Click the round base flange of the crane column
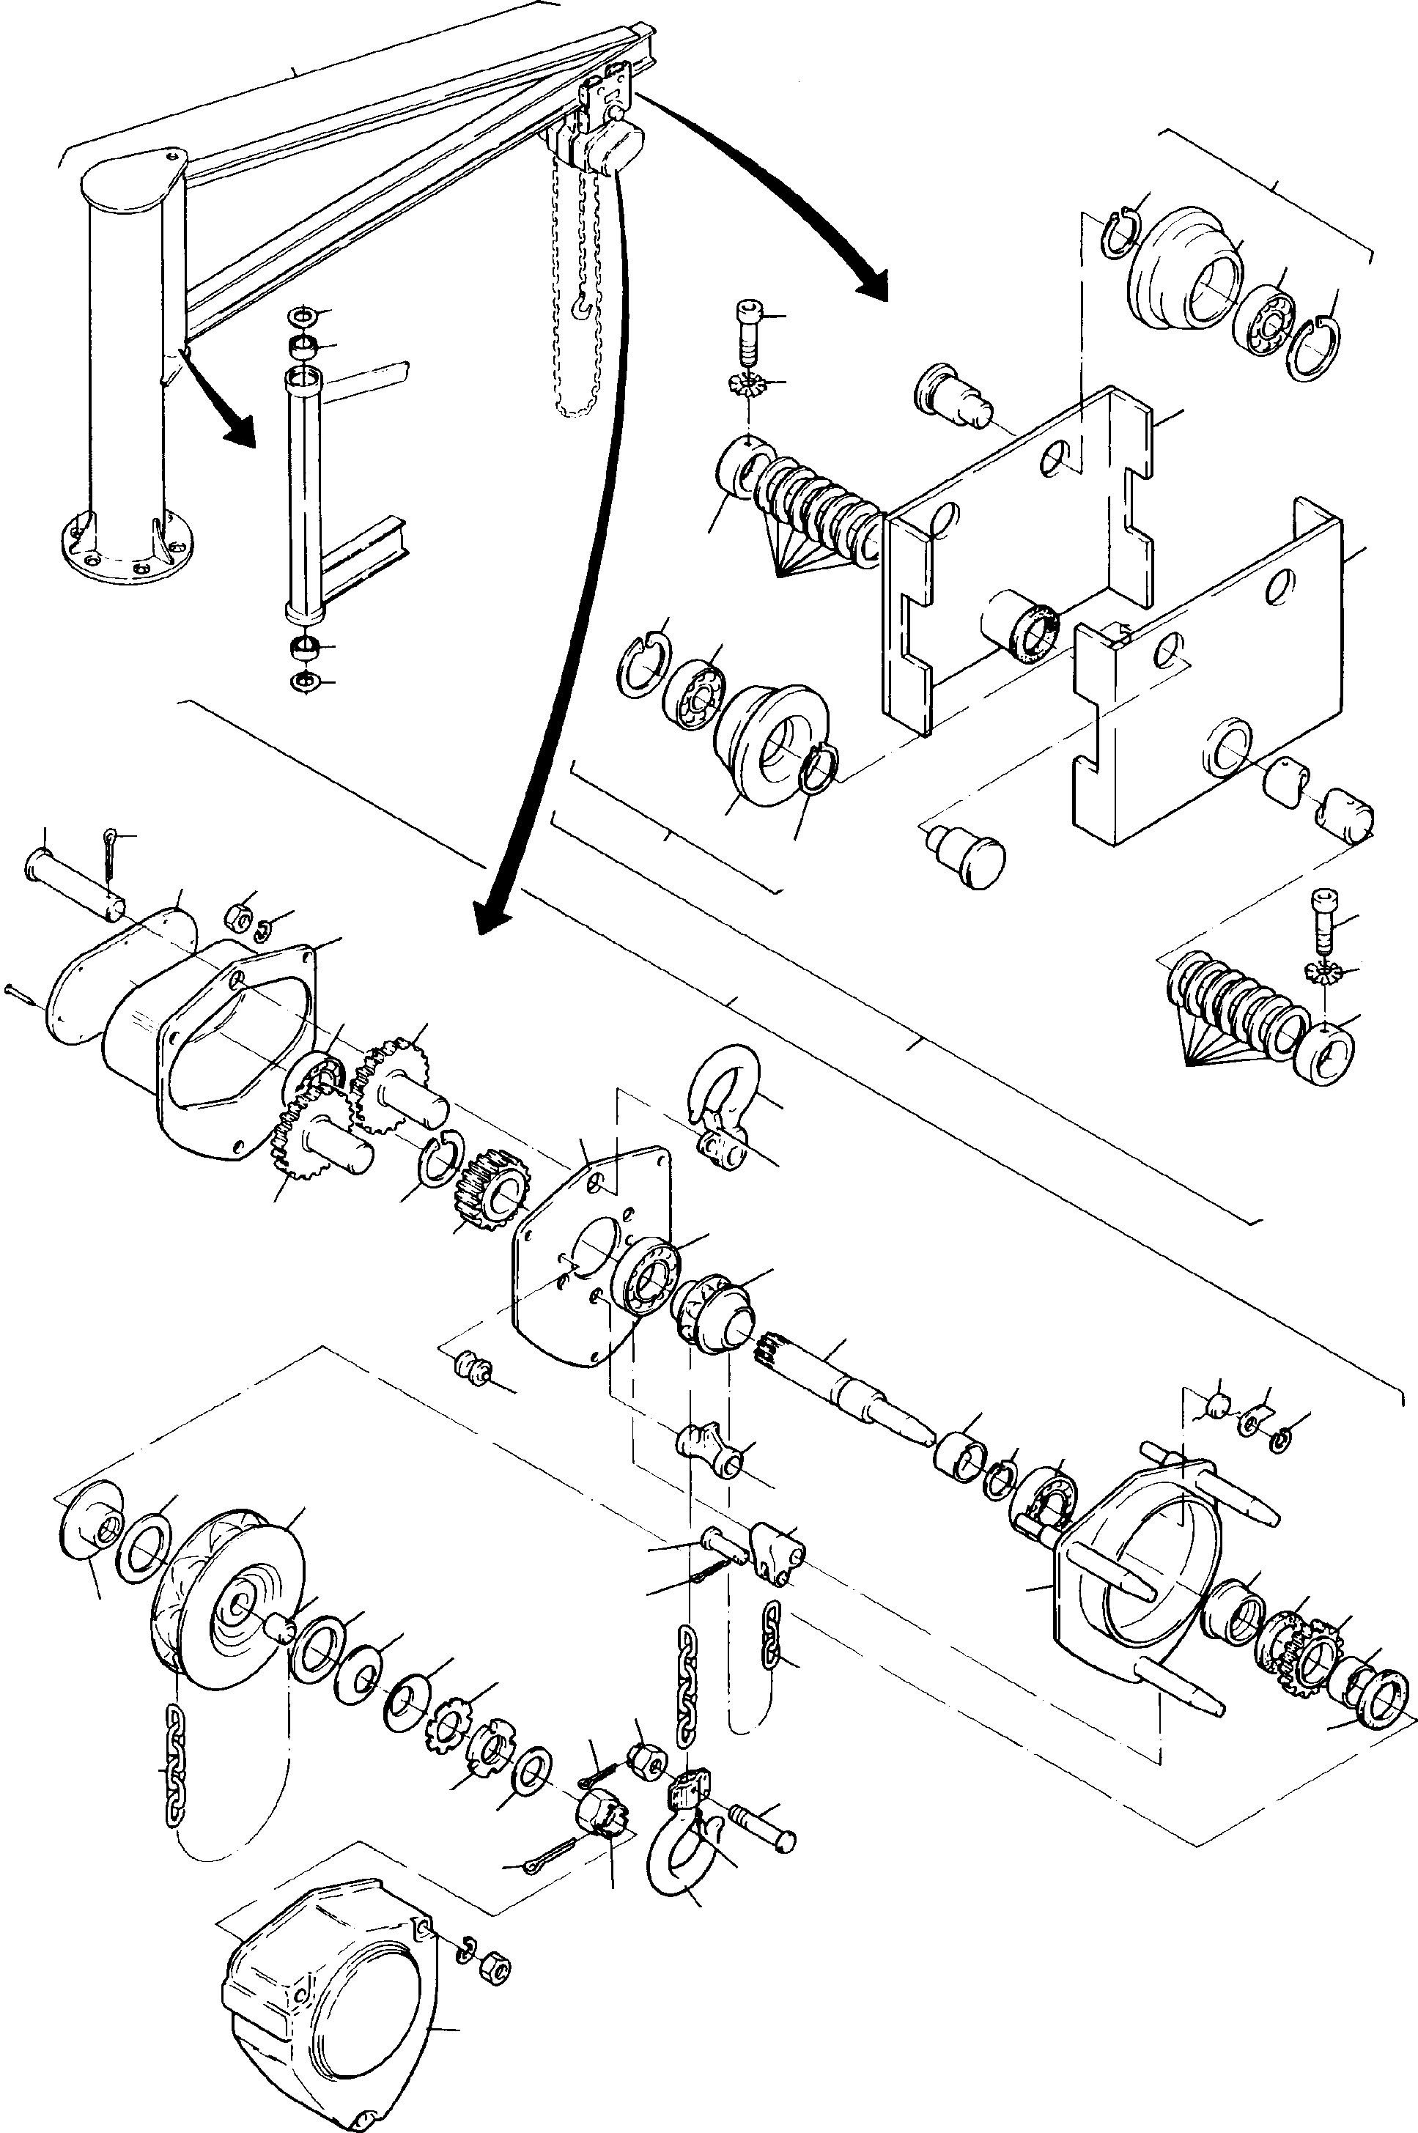tap(127, 552)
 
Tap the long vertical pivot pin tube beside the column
tap(303, 493)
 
